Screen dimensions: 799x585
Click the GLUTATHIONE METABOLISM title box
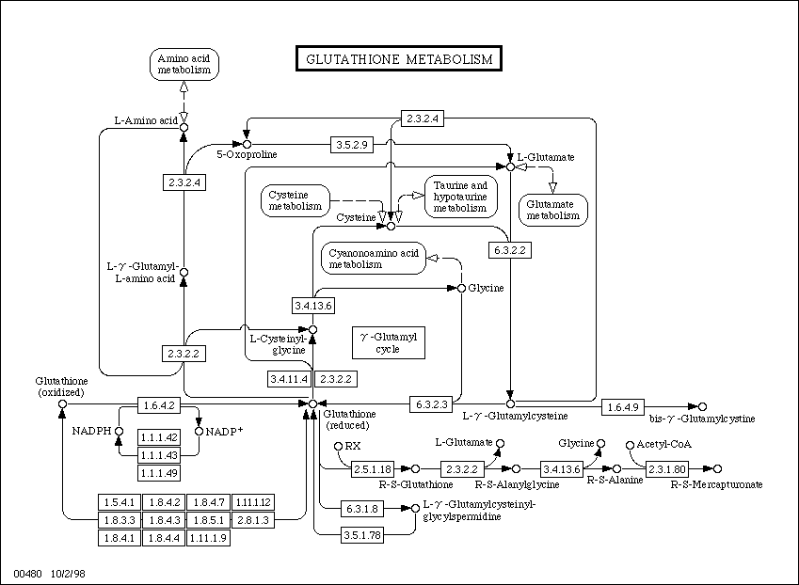pyautogui.click(x=398, y=58)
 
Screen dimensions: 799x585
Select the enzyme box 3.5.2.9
pyautogui.click(x=352, y=145)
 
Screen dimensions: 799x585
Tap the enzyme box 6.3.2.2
pyautogui.click(x=509, y=250)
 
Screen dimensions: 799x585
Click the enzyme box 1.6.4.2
pyautogui.click(x=159, y=405)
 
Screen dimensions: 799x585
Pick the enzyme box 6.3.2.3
pyautogui.click(x=431, y=404)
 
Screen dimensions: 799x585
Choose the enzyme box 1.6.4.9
pyautogui.click(x=623, y=407)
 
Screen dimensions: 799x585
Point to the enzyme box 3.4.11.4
pyautogui.click(x=289, y=379)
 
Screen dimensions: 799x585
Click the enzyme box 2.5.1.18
pyautogui.click(x=373, y=469)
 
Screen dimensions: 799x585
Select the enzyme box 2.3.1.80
pyautogui.click(x=667, y=469)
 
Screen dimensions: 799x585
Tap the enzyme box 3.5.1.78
pyautogui.click(x=361, y=535)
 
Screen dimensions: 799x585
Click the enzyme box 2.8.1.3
pyautogui.click(x=253, y=520)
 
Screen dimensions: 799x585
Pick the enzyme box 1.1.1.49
pyautogui.click(x=159, y=473)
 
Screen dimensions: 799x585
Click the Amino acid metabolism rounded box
pyautogui.click(x=184, y=64)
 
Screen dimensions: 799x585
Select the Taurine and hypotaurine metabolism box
pyautogui.click(x=460, y=197)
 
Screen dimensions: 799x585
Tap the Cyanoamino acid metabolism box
pyautogui.click(x=374, y=259)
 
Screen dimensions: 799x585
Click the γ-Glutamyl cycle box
pyautogui.click(x=389, y=342)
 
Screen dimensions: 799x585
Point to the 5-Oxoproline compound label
pyautogui.click(x=247, y=154)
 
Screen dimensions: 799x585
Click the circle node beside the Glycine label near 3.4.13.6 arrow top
pyautogui.click(x=462, y=288)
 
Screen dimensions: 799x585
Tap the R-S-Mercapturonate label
pyautogui.click(x=716, y=484)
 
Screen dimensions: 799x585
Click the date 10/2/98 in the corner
pyautogui.click(x=68, y=574)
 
